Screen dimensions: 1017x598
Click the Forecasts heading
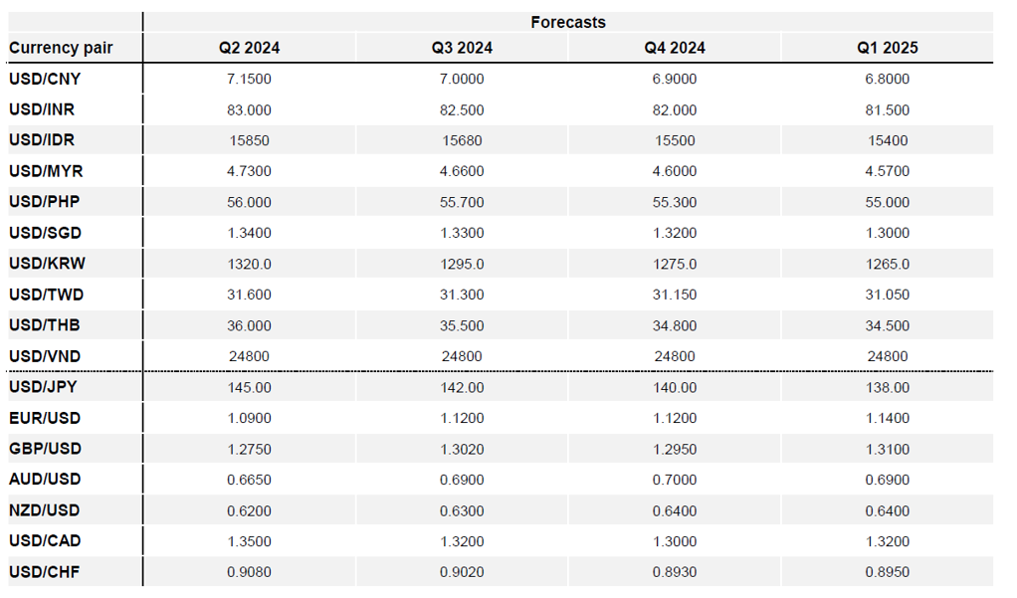(x=568, y=22)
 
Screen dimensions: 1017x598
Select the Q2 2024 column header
(x=249, y=48)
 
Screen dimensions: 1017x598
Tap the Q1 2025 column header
(x=888, y=48)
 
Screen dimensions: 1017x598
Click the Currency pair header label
(x=61, y=48)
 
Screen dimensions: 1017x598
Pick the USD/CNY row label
(x=45, y=80)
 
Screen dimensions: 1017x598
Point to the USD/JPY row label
(x=43, y=387)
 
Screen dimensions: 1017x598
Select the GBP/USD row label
(x=46, y=449)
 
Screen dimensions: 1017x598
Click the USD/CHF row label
(x=44, y=572)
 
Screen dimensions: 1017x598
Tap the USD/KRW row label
(x=48, y=264)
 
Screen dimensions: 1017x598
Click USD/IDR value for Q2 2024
(x=249, y=140)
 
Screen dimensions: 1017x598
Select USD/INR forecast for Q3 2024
(x=462, y=110)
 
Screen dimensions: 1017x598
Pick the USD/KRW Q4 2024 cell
(x=675, y=265)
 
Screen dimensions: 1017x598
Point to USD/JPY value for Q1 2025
(x=888, y=388)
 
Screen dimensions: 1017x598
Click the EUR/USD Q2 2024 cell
(x=249, y=418)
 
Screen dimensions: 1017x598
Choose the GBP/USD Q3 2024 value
(x=462, y=450)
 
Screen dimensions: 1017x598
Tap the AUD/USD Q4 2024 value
(x=675, y=480)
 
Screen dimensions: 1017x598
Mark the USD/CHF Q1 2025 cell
(x=888, y=573)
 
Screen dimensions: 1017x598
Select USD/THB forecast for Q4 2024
(x=675, y=325)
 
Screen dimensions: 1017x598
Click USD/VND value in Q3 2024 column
(x=462, y=357)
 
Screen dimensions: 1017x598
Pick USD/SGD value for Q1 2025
(x=888, y=234)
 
